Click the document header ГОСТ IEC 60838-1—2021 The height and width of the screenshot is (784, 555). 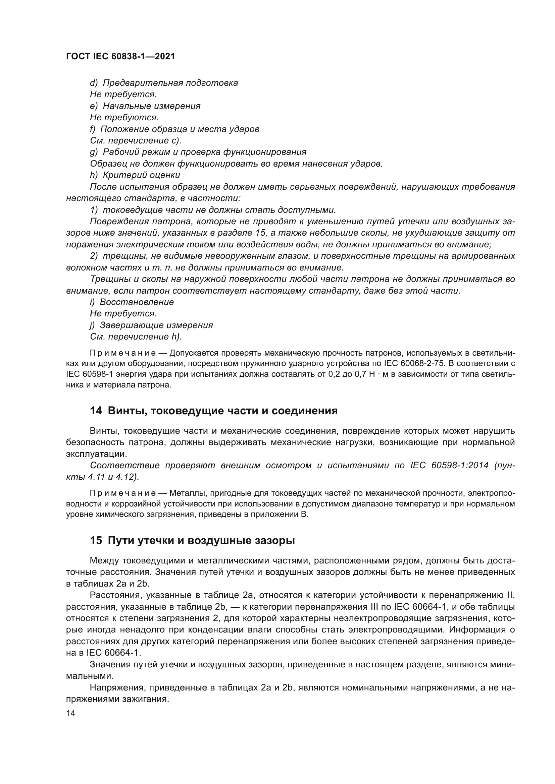pos(120,57)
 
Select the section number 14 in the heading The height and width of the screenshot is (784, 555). pos(96,411)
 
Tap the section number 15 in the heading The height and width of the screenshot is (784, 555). pos(96,541)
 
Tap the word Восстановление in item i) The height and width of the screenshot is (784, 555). pos(137,302)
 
